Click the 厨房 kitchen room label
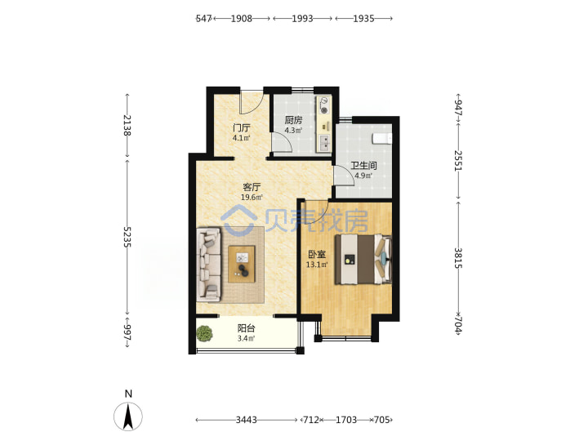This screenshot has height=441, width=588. point(293,120)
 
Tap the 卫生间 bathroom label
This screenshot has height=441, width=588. point(363,165)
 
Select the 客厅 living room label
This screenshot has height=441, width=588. point(252,187)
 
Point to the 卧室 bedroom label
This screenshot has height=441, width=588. point(317,254)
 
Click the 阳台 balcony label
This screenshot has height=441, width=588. point(247,328)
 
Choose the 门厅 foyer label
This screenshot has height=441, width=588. point(242,128)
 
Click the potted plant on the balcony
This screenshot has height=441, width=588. point(204,333)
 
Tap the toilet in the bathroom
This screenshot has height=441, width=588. point(382,139)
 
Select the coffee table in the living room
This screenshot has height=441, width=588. point(242,264)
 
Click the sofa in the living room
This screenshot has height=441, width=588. point(208,264)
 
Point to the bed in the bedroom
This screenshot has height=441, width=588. point(363,259)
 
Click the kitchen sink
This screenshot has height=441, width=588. point(324,143)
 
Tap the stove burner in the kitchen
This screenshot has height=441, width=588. point(324,110)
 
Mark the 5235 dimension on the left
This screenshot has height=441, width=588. point(127,237)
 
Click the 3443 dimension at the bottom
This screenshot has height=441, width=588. point(247,420)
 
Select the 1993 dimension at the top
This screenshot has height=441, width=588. point(303,18)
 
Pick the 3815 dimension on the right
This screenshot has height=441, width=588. point(458,258)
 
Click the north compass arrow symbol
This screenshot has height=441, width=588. point(128,416)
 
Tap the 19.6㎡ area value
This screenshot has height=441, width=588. point(252,198)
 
